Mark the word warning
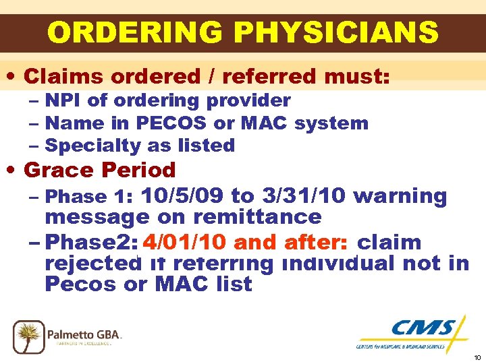[x=400, y=196]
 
